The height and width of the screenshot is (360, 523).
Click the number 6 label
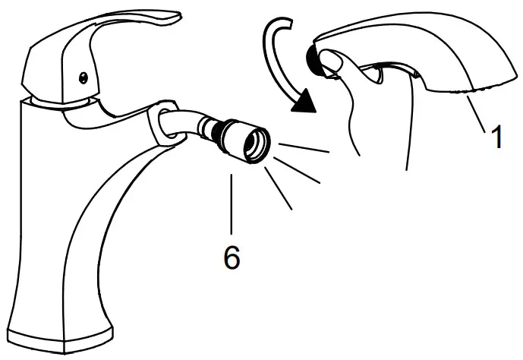[232, 258]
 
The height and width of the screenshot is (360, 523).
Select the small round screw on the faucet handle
[83, 75]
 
